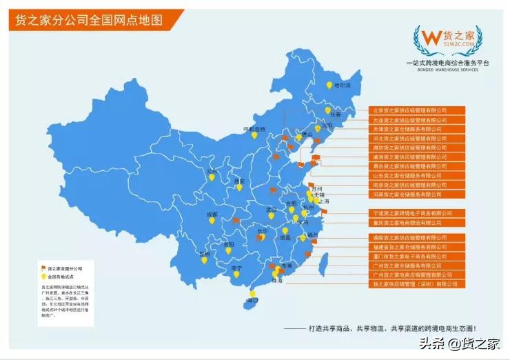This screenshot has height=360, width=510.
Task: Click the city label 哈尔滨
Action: pyautogui.click(x=343, y=86)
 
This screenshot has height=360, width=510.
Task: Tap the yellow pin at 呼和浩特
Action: pyautogui.click(x=254, y=135)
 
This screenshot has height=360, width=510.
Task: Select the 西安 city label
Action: pyautogui.click(x=240, y=181)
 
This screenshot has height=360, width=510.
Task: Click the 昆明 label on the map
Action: pyautogui.click(x=203, y=254)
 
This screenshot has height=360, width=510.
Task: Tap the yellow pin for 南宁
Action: pyautogui.click(x=236, y=274)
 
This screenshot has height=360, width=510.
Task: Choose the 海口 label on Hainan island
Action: pyautogui.click(x=252, y=301)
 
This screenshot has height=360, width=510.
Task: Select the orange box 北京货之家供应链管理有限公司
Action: pyautogui.click(x=410, y=110)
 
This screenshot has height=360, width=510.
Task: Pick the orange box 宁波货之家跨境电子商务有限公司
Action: pyautogui.click(x=410, y=213)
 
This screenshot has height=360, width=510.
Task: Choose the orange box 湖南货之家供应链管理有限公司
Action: pyautogui.click(x=410, y=237)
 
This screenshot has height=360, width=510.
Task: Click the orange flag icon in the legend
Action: pyautogui.click(x=43, y=267)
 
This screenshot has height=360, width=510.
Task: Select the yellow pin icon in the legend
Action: pyautogui.click(x=43, y=276)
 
